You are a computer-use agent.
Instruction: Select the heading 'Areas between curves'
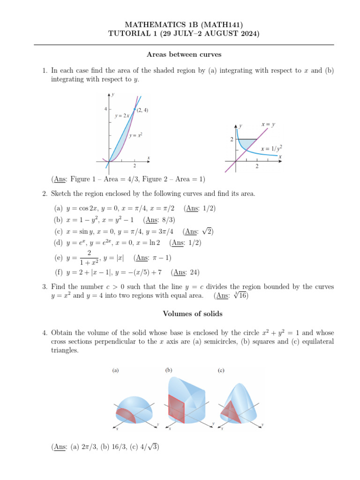[x=184, y=54]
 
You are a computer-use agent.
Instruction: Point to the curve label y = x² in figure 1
[x=135, y=135]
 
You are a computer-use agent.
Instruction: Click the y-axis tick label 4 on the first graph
[x=105, y=109]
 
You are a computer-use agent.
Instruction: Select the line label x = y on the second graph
[x=268, y=124]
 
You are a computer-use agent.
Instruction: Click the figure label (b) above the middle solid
[x=169, y=370]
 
